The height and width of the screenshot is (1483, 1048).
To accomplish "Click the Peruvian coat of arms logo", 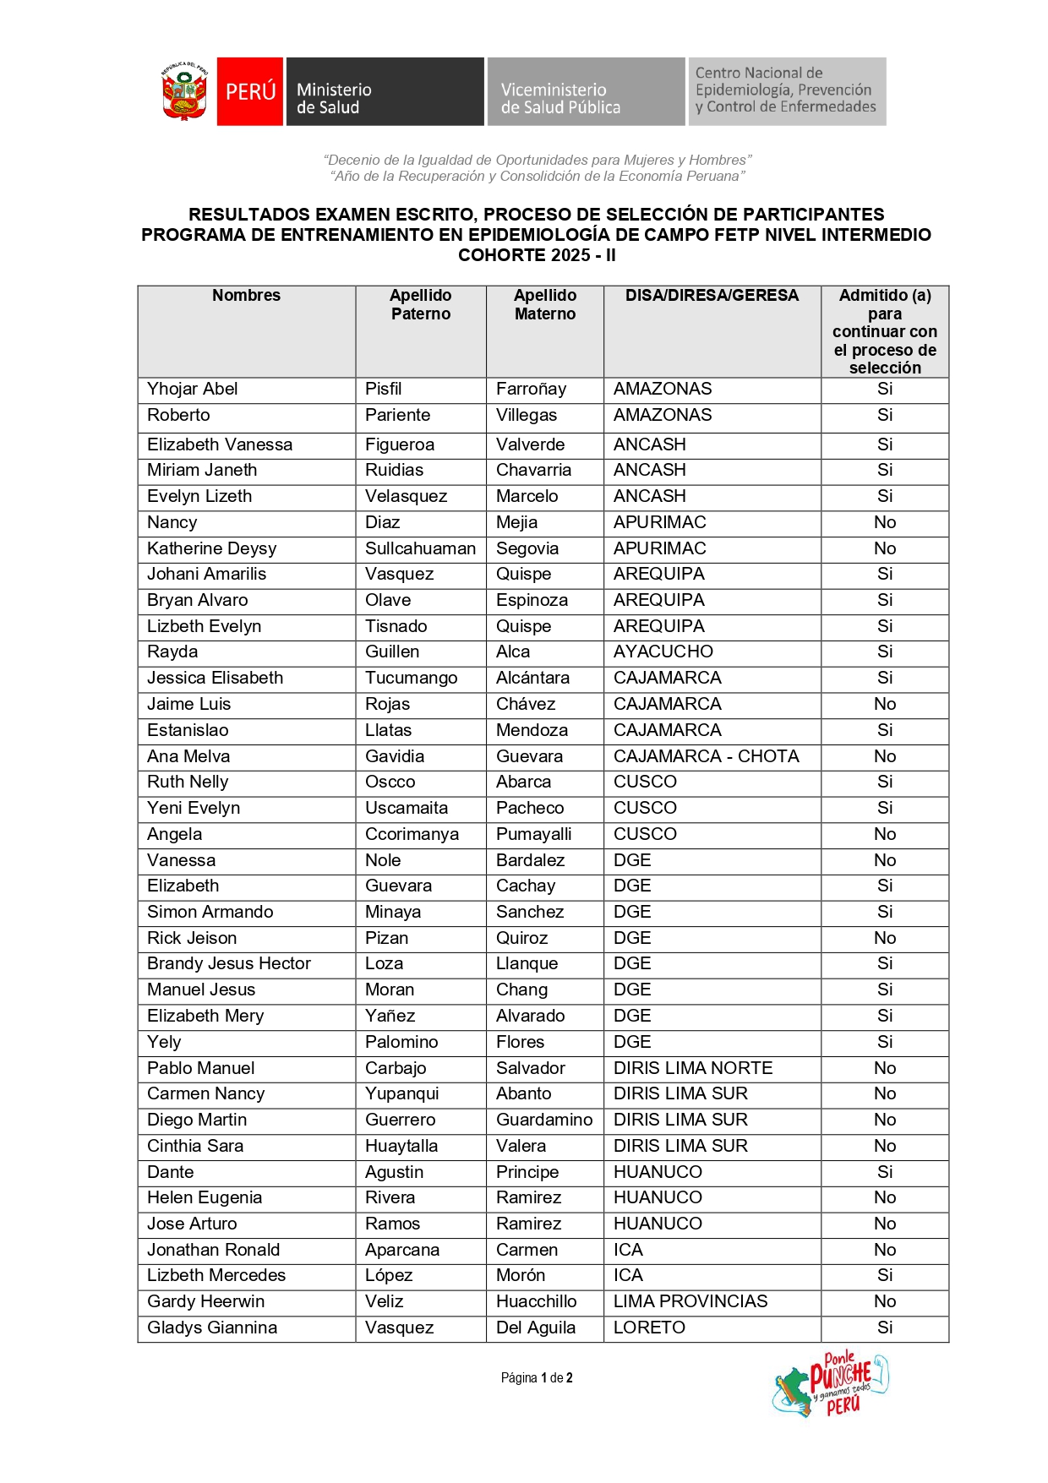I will pyautogui.click(x=185, y=92).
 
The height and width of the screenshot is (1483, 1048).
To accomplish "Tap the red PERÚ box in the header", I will pyautogui.click(x=250, y=91).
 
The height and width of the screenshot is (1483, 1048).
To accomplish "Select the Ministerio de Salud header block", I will pyautogui.click(x=385, y=92).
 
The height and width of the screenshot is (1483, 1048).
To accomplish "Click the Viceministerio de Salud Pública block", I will pyautogui.click(x=585, y=92).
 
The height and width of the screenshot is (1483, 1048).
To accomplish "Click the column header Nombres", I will pyautogui.click(x=246, y=296).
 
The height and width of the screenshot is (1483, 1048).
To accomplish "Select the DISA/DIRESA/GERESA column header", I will pyautogui.click(x=712, y=296).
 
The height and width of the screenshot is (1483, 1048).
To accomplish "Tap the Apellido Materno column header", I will pyautogui.click(x=545, y=304).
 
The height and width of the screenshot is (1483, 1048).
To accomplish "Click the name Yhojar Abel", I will pyautogui.click(x=193, y=389).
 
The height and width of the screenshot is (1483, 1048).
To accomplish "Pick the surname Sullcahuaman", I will pyautogui.click(x=420, y=548).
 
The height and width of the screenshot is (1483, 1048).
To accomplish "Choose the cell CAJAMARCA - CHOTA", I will pyautogui.click(x=706, y=756).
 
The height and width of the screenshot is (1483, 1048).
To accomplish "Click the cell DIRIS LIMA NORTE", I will pyautogui.click(x=692, y=1068).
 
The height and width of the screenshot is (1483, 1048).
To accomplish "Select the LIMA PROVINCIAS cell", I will pyautogui.click(x=690, y=1301).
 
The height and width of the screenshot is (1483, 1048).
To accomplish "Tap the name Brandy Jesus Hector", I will pyautogui.click(x=229, y=964).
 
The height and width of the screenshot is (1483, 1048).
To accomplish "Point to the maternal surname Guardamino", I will pyautogui.click(x=544, y=1120).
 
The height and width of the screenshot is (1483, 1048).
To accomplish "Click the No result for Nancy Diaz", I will pyautogui.click(x=885, y=522).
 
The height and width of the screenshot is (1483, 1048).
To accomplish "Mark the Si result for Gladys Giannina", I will pyautogui.click(x=885, y=1328).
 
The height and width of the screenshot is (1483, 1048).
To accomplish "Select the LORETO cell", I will pyautogui.click(x=649, y=1328).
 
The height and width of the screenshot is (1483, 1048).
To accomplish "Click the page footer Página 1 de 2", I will pyautogui.click(x=537, y=1378).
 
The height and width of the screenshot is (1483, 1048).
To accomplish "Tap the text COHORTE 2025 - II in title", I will pyautogui.click(x=537, y=255).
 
